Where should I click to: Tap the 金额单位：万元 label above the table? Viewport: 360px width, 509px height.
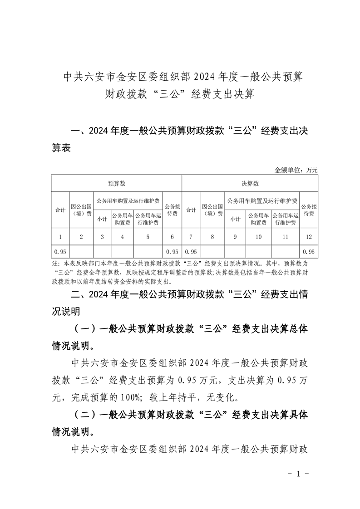point(296,170)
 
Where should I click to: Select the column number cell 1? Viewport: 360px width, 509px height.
point(60,236)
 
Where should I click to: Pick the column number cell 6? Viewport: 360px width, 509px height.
point(172,236)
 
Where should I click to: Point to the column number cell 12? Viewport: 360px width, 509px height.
point(309,236)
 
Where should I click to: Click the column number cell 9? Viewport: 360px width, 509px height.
point(235,236)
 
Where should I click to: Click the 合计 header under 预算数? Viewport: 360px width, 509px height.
point(60,210)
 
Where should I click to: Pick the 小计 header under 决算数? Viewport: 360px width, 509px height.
point(235,219)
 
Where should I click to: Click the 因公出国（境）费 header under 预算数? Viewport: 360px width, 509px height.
point(81,210)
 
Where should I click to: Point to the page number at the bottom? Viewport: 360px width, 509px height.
point(298,475)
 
